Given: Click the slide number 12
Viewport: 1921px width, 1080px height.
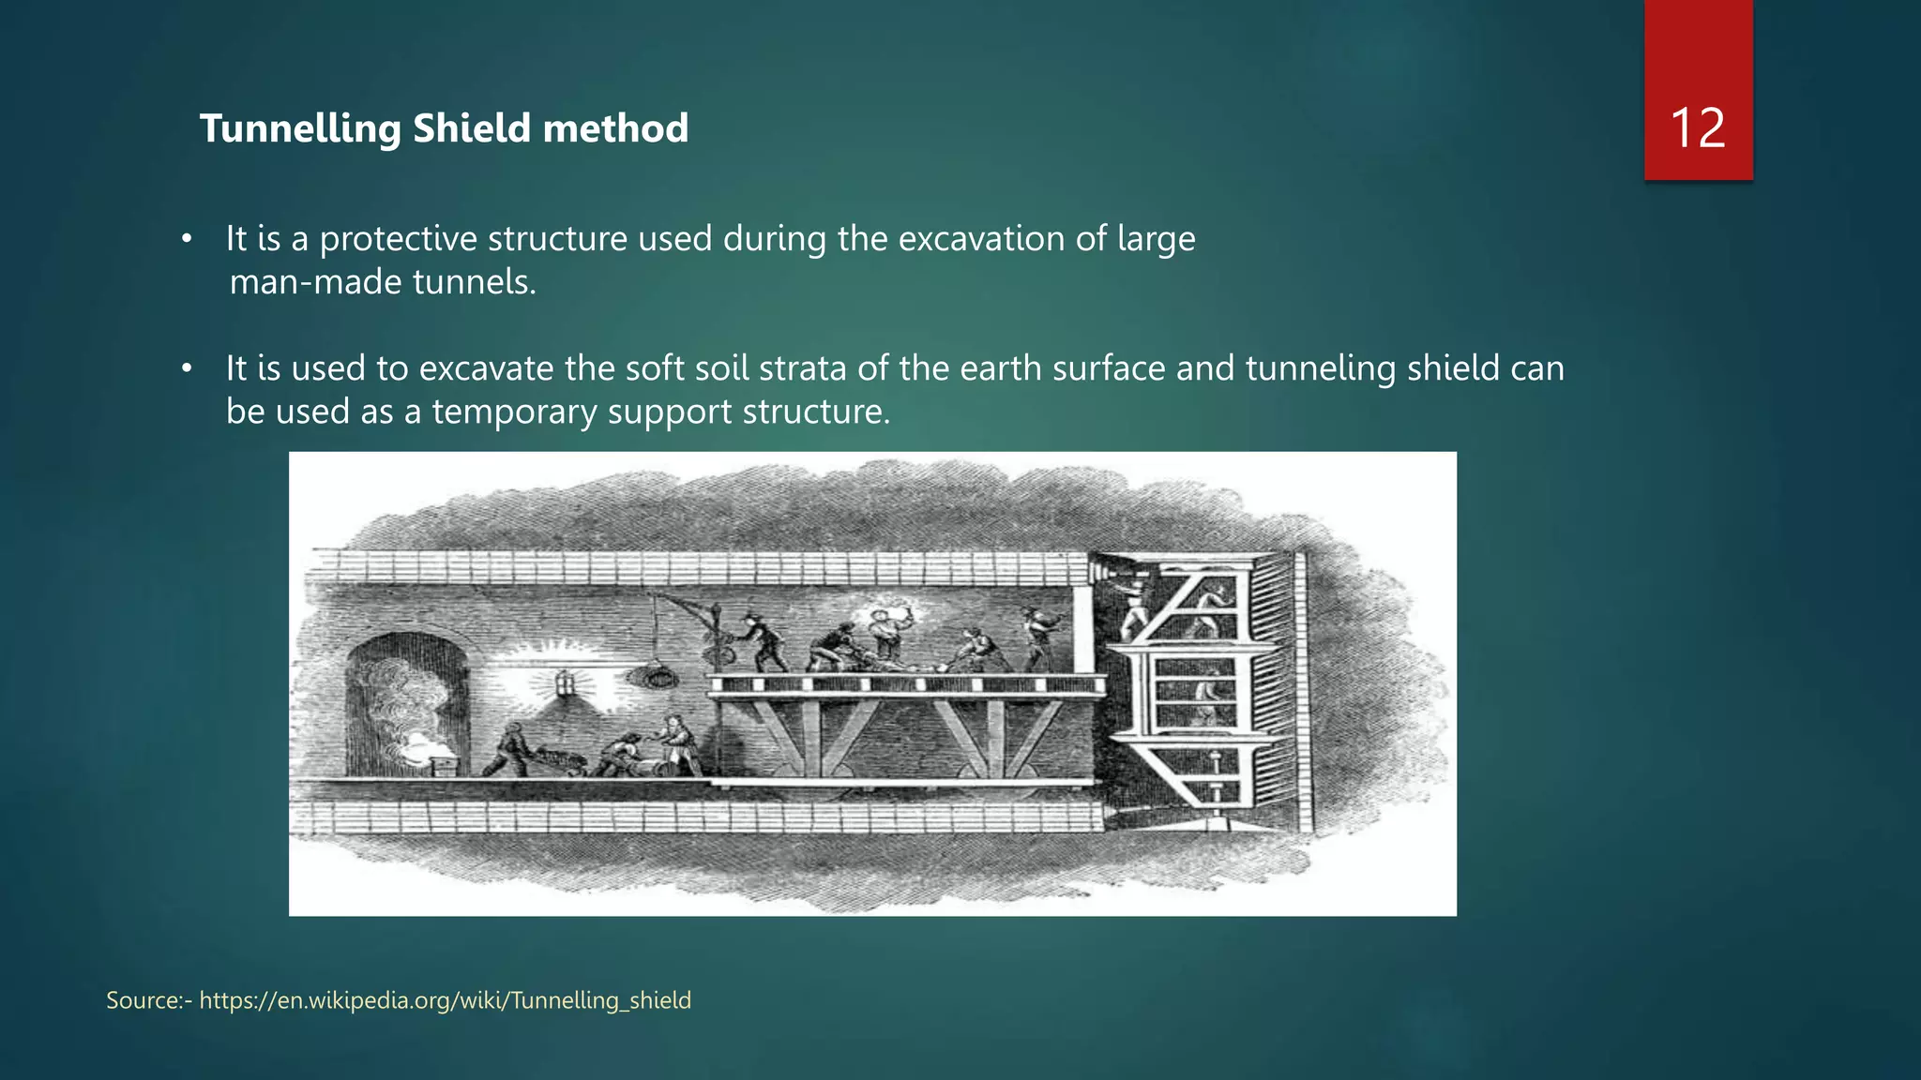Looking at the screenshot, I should pos(1698,127).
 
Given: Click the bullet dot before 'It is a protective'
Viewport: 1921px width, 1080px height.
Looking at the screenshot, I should pos(187,239).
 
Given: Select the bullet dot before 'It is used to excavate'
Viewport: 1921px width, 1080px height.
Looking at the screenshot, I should pos(187,368).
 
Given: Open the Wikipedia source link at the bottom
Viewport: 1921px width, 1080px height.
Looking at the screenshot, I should pos(445,1000).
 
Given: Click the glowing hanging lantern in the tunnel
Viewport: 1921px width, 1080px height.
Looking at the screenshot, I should pos(564,682).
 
